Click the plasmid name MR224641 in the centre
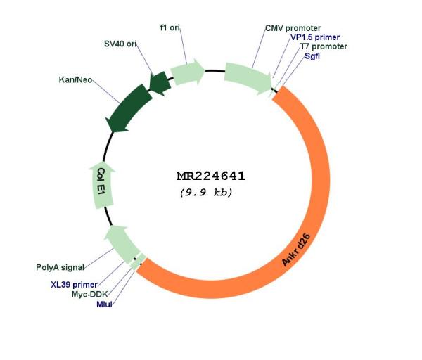point(211,176)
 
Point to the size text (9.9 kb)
point(206,193)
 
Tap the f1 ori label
point(170,27)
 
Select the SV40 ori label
point(120,44)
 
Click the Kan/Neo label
point(75,80)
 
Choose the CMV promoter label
point(293,28)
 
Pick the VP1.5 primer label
point(315,37)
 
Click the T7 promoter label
point(324,46)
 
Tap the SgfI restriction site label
point(312,56)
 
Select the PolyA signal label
point(60,267)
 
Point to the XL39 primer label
point(75,285)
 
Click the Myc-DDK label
point(89,295)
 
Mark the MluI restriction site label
point(104,304)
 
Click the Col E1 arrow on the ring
point(102,185)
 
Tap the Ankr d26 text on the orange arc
point(296,250)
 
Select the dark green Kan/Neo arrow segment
point(129,108)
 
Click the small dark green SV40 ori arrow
point(160,83)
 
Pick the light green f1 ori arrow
point(187,72)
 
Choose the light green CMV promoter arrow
point(248,78)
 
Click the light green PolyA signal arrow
point(122,244)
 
